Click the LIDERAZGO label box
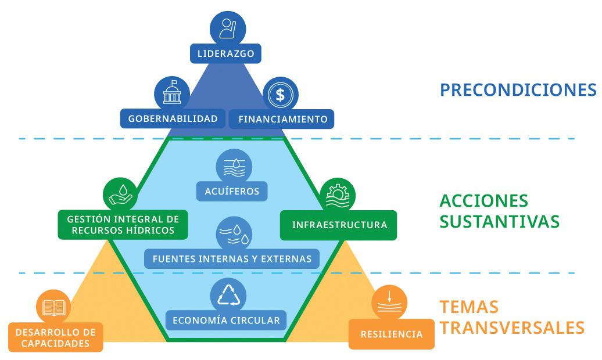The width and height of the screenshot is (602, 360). (225, 55)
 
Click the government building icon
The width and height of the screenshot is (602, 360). (172, 93)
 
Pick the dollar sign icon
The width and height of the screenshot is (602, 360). (280, 95)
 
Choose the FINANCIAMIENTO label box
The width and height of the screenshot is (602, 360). (282, 119)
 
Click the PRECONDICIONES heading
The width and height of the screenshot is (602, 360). (518, 90)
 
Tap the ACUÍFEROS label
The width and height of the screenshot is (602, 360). (233, 190)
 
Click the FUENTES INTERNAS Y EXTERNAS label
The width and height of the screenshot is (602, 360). (232, 258)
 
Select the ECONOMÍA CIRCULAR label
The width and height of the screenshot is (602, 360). (226, 320)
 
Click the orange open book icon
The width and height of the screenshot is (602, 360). (54, 308)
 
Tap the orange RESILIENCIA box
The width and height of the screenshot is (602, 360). (391, 334)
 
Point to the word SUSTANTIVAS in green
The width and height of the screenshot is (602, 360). (499, 222)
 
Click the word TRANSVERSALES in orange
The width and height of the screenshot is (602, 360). (511, 327)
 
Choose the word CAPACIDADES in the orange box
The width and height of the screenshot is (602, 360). (55, 343)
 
